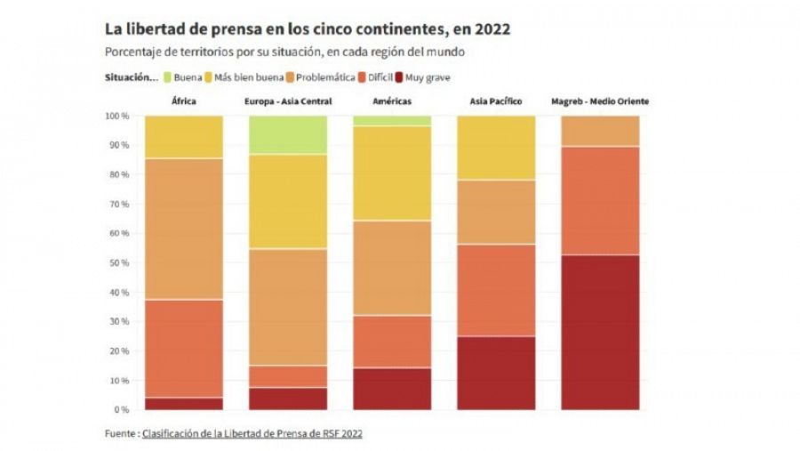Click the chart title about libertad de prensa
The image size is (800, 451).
[x=308, y=29]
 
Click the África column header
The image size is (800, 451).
[x=183, y=101]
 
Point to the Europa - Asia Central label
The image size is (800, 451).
[x=287, y=101]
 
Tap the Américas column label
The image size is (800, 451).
[x=392, y=101]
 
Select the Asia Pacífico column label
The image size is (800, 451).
[x=496, y=101]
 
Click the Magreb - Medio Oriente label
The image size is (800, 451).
[x=600, y=101]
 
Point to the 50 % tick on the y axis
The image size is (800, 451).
[x=118, y=263]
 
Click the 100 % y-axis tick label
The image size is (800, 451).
[x=116, y=117]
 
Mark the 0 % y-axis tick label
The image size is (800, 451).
[x=120, y=410]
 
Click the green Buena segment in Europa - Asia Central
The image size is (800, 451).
[x=287, y=134]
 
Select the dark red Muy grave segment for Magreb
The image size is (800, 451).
[x=600, y=333]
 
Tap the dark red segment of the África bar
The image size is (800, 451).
[x=183, y=404]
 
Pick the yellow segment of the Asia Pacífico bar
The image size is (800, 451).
[x=496, y=148]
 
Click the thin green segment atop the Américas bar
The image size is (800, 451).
[x=392, y=120]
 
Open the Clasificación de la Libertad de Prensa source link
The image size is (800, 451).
[x=252, y=434]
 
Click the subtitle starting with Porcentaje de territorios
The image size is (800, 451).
[x=284, y=52]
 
